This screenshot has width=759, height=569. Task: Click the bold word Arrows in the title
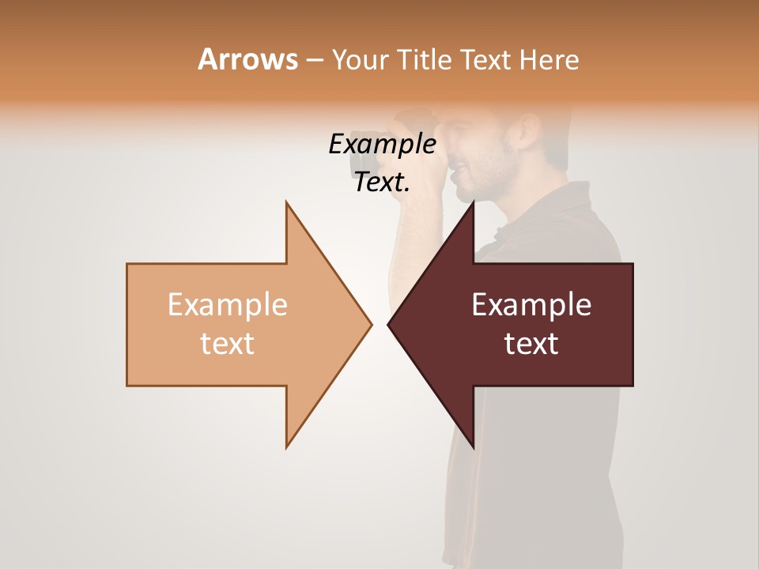point(247,59)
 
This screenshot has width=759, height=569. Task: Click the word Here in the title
point(549,59)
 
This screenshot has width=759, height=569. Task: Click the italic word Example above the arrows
point(382,144)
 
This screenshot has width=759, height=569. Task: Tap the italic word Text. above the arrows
point(382,183)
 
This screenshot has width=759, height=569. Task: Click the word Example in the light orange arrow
point(227,304)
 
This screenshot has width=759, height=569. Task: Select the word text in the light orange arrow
point(227,343)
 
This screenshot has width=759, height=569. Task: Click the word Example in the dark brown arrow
point(531,304)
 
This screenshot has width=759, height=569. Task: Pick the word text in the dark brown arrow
point(531,343)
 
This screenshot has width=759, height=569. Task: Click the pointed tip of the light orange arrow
point(370,324)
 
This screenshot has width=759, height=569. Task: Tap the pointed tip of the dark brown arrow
point(390,324)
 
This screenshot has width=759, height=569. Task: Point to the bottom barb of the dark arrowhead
point(473,447)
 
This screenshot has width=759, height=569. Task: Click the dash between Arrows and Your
point(314,60)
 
